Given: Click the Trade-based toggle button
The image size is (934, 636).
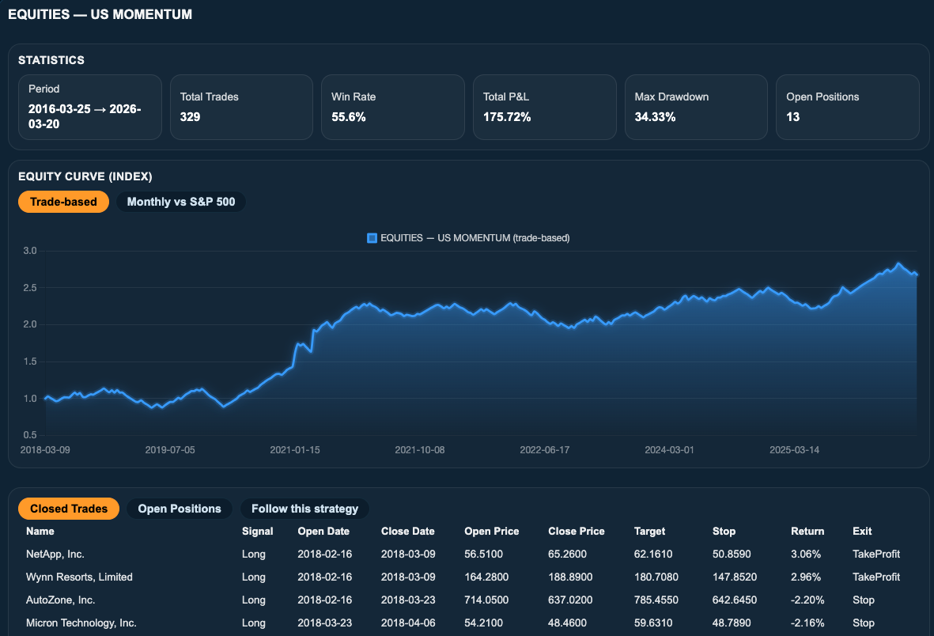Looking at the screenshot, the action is (x=64, y=202).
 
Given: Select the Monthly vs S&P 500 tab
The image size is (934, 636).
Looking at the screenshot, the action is (x=181, y=202).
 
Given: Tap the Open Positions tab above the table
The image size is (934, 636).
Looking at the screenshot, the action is (x=180, y=509).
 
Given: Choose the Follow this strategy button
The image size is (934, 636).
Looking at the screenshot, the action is (x=305, y=509).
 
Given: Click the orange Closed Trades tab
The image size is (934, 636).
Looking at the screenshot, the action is (x=69, y=509).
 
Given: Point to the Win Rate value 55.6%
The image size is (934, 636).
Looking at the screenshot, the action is (x=349, y=117).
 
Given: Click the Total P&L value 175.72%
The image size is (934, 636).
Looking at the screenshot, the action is (x=507, y=117).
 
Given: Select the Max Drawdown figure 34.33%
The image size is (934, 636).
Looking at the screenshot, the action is (x=656, y=117).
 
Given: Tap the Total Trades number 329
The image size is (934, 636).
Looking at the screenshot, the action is (x=190, y=117).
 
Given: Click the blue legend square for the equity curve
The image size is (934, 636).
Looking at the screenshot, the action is (x=372, y=238).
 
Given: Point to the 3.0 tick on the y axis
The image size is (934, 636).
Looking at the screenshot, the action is (x=30, y=251).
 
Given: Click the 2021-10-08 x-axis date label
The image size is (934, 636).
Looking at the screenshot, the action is (x=420, y=450).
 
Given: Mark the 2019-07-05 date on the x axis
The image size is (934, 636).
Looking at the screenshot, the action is (x=170, y=450).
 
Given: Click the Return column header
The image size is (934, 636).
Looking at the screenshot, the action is (x=807, y=531).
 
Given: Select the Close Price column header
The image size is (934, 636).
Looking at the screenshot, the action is (x=577, y=531).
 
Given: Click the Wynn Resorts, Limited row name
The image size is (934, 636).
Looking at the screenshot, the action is (x=79, y=577).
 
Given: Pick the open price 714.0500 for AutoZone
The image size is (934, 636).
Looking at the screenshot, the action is (x=486, y=600).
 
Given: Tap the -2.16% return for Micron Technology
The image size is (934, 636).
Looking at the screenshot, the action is (x=807, y=623).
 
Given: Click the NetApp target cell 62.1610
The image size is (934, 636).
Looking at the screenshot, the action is (x=653, y=555).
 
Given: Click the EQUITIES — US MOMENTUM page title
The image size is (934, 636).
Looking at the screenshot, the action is (x=100, y=14).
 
